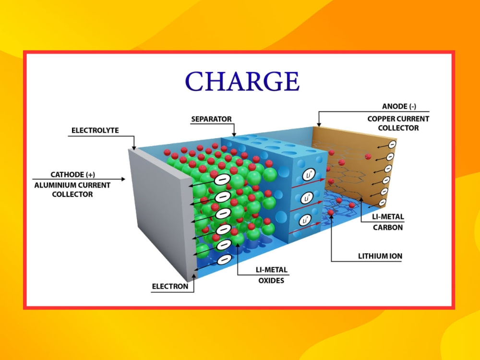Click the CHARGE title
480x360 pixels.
tap(242, 81)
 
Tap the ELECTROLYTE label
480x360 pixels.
tap(95, 131)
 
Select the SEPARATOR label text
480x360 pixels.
tap(211, 119)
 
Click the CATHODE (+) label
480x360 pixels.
tap(73, 175)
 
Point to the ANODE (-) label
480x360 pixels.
tap(399, 107)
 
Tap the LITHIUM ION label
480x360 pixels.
tap(380, 256)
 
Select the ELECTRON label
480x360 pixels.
tap(170, 287)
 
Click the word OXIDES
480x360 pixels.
tap(271, 281)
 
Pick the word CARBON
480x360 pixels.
tap(388, 228)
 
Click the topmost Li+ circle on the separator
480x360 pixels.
tap(308, 175)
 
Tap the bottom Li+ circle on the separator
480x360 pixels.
tap(305, 220)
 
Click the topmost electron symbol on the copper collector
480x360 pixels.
tap(392, 144)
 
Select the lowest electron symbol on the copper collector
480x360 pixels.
tap(382, 203)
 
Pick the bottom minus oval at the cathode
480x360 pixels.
tap(224, 260)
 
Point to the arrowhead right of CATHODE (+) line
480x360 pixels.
tap(123, 179)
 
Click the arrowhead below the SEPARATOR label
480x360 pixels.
tap(234, 134)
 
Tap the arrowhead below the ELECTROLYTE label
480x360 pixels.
tap(134, 148)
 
